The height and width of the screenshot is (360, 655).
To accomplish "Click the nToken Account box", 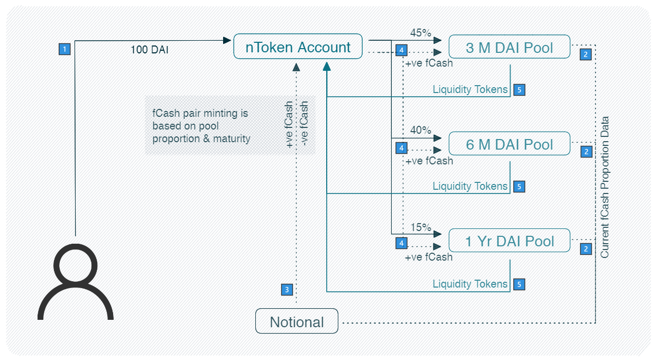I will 298,47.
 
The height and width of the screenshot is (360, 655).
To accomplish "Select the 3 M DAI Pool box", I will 509,48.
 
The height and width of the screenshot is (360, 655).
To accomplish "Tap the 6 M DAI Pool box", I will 509,144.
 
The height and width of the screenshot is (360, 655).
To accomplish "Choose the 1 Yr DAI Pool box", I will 509,241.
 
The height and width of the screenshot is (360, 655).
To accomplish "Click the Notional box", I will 297,321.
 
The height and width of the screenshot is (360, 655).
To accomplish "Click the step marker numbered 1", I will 64,49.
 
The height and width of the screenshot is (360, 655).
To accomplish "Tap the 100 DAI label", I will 150,50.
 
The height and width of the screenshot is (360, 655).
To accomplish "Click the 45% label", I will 421,33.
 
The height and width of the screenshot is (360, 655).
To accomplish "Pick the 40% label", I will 421,130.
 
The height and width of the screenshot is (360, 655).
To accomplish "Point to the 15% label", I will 421,227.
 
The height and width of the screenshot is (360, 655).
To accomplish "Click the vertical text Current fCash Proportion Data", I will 605,187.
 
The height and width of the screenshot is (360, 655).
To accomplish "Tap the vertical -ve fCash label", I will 304,124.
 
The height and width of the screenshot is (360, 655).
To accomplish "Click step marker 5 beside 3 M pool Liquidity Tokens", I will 519,89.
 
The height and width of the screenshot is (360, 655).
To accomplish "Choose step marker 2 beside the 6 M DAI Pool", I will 586,152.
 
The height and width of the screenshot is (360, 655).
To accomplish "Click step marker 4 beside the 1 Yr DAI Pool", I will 402,243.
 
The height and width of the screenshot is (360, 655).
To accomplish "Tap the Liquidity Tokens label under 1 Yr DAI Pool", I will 470,284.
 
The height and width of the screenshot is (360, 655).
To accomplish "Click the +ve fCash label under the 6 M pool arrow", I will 429,161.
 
